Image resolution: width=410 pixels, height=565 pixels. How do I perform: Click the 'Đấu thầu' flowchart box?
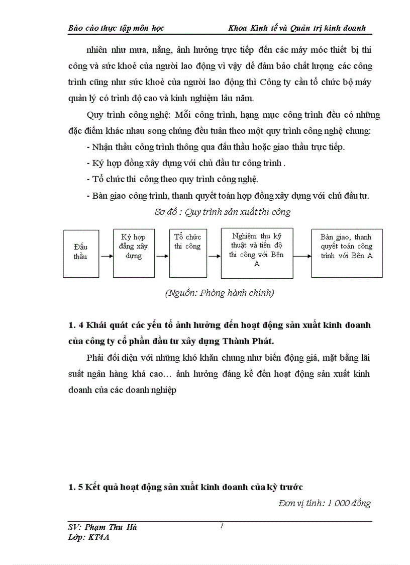(80, 253)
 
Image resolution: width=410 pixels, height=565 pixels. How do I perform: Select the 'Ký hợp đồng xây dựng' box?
(134, 253)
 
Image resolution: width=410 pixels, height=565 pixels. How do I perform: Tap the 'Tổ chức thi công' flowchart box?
(187, 253)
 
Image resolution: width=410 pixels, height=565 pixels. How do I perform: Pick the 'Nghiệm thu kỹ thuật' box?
(257, 253)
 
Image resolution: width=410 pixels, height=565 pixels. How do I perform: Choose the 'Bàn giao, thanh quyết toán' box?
(347, 253)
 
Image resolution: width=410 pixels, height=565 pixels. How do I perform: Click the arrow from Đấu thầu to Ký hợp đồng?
(106, 256)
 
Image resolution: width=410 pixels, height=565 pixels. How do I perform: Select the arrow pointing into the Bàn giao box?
(302, 256)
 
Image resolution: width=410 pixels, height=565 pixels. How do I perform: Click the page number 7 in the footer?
(222, 526)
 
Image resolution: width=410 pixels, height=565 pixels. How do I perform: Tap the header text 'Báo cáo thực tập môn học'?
(116, 28)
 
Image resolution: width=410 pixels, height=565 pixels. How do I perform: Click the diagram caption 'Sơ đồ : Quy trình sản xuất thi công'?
(223, 212)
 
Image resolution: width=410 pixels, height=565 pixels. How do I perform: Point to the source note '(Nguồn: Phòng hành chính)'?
(220, 293)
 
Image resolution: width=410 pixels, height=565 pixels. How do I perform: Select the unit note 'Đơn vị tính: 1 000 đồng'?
(324, 504)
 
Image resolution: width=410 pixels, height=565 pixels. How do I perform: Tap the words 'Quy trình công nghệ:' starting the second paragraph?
(121, 115)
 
